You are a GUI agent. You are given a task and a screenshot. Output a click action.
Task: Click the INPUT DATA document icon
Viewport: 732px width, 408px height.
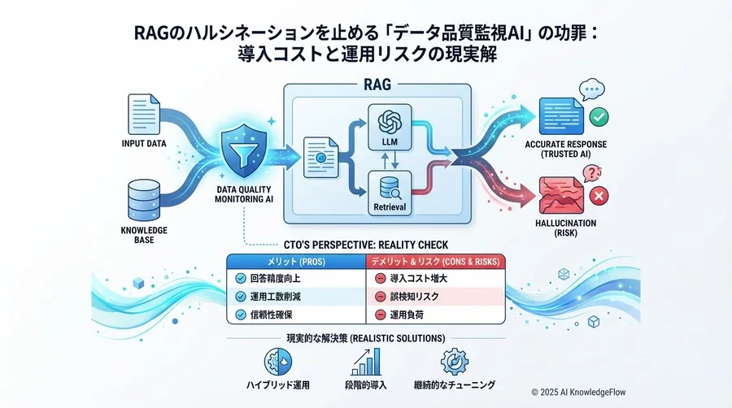144,115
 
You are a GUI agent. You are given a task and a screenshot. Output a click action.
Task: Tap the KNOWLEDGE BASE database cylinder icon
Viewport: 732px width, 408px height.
144,201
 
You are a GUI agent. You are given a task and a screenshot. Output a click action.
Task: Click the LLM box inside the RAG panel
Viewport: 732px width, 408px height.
390,127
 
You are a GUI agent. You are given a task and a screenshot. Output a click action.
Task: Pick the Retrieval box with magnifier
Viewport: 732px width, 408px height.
390,193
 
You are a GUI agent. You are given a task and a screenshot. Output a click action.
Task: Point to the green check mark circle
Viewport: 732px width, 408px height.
599,117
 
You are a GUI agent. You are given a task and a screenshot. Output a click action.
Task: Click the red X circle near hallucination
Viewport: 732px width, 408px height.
599,196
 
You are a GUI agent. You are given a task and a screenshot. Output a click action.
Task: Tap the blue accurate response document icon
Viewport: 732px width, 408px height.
561,116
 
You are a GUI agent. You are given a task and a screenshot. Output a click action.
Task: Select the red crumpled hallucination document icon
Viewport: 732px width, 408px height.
561,195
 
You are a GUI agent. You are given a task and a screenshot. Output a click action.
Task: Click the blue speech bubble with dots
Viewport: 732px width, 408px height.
591,89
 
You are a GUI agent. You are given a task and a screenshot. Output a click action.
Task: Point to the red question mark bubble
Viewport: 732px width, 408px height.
592,173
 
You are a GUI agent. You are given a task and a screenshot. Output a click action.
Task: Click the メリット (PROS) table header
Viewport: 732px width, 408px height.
296,262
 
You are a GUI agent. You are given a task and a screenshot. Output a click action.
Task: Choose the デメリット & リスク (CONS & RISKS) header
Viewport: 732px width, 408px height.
435,262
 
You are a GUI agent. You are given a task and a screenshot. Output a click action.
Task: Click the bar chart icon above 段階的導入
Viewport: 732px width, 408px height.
367,362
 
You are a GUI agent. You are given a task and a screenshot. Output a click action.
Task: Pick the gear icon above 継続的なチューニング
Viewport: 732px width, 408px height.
454,362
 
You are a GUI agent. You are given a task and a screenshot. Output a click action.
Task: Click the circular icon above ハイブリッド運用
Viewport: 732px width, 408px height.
278,362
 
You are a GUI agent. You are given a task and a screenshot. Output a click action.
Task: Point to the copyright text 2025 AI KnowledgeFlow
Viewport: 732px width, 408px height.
578,392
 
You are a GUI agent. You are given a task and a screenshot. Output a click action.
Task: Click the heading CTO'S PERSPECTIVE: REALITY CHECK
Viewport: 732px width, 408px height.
366,245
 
